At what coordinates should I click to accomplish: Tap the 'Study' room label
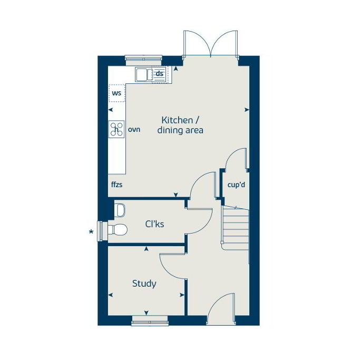tap(144, 284)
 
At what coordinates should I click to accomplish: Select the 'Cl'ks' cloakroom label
tap(154, 224)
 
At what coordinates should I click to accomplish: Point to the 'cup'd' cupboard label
tap(235, 186)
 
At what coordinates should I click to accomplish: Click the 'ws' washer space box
tap(116, 93)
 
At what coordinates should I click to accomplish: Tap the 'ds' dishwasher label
tap(159, 73)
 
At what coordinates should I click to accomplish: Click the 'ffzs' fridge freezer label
tap(117, 185)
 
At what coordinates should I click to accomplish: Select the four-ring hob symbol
tap(116, 129)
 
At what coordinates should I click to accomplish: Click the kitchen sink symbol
tap(142, 75)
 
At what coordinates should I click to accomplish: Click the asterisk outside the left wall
tap(92, 231)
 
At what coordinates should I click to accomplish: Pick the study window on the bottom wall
tap(150, 319)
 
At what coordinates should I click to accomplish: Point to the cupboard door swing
tap(236, 159)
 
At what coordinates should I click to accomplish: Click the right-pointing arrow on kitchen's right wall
tap(246, 110)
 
